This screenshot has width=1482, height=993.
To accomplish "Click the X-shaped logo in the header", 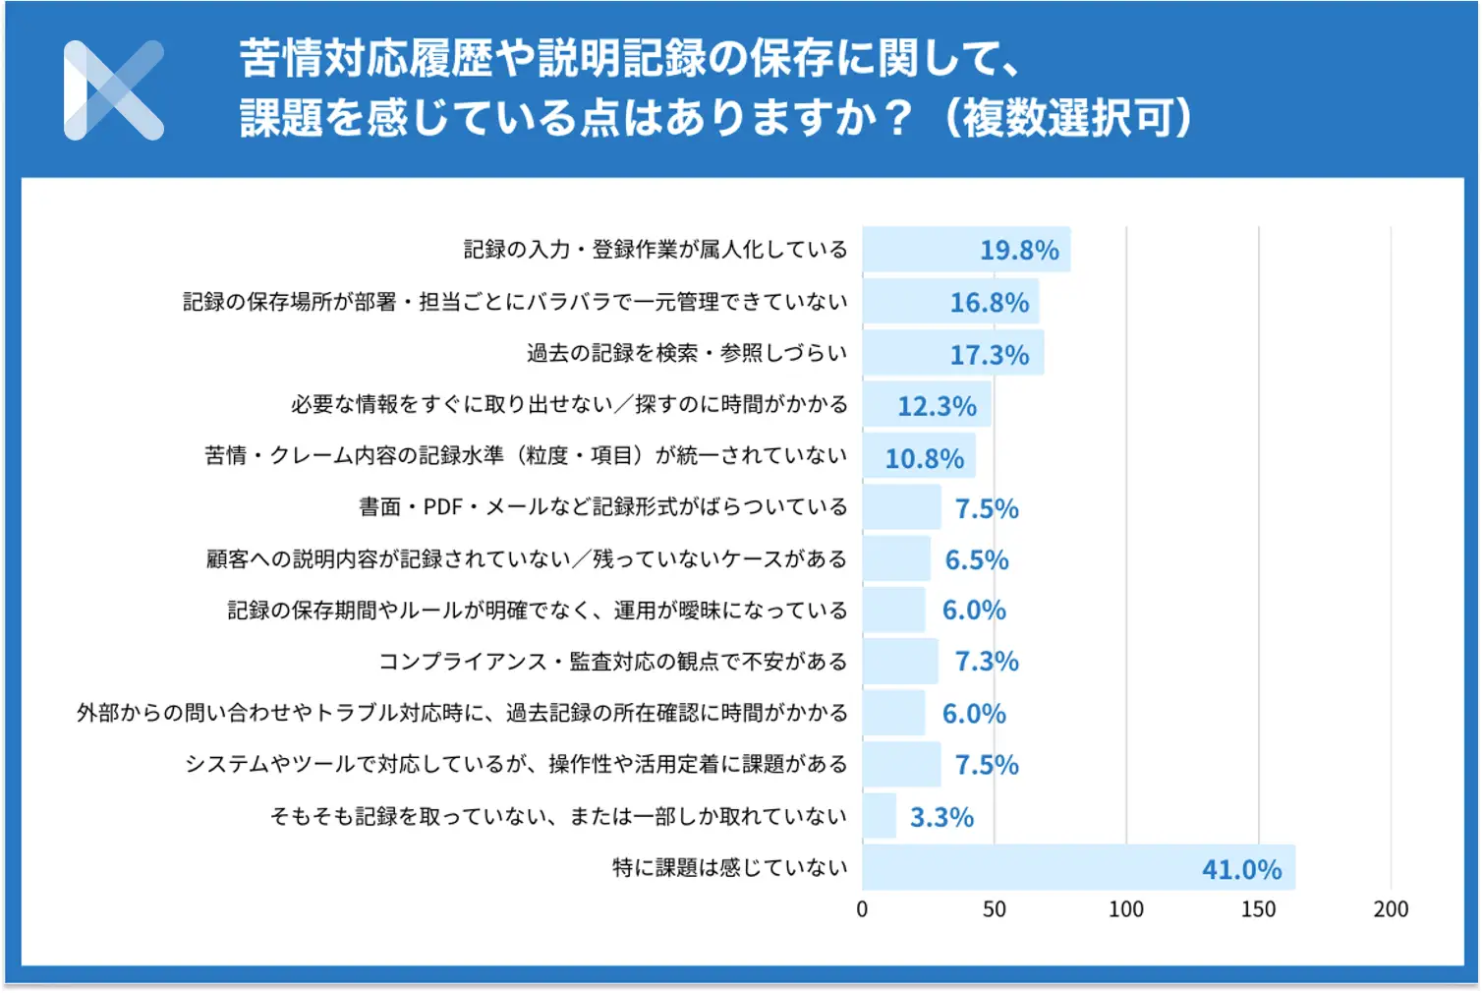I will click(113, 90).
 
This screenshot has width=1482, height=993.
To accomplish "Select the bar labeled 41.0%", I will click(1078, 867).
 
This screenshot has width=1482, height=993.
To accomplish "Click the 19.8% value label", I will click(1019, 251).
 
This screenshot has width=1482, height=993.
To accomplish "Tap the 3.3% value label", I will click(941, 817).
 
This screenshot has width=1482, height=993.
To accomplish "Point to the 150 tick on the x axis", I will click(1258, 909).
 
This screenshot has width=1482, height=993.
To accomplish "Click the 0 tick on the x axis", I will click(862, 909).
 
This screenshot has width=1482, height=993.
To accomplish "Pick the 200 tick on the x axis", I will click(1391, 909).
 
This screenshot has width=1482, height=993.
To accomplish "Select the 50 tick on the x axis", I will click(994, 909).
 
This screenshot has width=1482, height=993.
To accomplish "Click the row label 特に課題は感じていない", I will click(729, 867).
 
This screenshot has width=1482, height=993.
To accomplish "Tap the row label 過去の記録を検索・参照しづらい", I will click(686, 353).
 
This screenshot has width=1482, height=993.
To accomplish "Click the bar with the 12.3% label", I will click(927, 405).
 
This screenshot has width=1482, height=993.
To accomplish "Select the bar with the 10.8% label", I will click(919, 457).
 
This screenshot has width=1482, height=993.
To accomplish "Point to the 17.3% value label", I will click(989, 355).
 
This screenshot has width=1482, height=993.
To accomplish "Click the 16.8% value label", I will click(989, 303).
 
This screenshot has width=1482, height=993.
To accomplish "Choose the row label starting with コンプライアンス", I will click(612, 662).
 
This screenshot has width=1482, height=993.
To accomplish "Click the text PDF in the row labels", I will click(442, 507).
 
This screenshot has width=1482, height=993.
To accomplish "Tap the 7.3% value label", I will click(987, 662).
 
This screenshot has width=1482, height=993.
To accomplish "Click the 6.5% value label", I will click(977, 560).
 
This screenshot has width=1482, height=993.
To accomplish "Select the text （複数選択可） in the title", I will click(1067, 119).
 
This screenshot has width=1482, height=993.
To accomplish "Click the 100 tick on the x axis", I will click(1126, 909).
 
